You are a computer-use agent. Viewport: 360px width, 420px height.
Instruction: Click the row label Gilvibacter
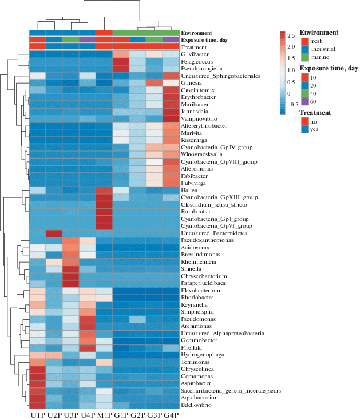tap(195, 54)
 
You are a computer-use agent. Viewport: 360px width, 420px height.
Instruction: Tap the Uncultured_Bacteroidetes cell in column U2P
tap(54, 233)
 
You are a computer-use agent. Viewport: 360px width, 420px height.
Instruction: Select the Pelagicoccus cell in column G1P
tap(121, 62)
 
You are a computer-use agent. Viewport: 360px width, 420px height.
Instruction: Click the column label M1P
tap(105, 415)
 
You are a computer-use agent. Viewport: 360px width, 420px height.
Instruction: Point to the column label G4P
tap(171, 415)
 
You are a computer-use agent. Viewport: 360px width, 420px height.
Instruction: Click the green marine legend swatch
tap(304, 57)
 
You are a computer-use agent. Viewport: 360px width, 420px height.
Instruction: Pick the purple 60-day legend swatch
tap(304, 101)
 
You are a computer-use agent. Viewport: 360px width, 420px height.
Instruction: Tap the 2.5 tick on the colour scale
tap(292, 36)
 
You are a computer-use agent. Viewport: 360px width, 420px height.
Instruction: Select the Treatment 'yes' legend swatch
tap(304, 129)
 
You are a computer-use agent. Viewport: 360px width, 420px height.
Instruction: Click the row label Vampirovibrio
tap(199, 118)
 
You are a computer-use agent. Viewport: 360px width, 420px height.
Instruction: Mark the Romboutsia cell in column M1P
tap(104, 212)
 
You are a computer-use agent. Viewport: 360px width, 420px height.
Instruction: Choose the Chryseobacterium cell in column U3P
tap(71, 276)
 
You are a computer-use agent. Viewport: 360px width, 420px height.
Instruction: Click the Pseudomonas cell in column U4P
tap(88, 319)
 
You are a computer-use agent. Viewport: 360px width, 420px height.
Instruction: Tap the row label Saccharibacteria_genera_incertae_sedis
tap(231, 391)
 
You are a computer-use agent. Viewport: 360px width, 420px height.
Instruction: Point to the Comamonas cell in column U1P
tap(38, 377)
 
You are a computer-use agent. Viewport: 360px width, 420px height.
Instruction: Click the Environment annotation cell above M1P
tap(104, 33)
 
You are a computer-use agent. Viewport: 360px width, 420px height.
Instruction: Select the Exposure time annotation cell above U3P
tap(71, 40)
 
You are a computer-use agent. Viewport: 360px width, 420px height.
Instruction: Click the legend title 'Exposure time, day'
tap(329, 68)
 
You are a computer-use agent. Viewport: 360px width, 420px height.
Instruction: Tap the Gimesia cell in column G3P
tap(155, 83)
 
